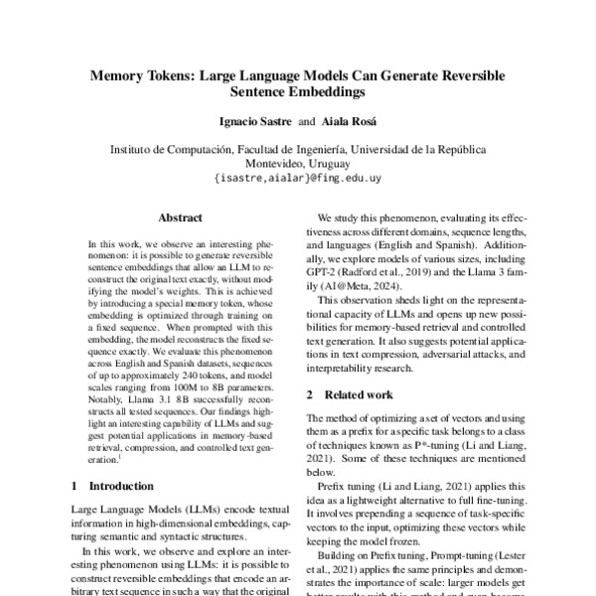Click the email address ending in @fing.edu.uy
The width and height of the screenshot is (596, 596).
tap(297, 180)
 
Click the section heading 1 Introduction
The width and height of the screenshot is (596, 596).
tap(112, 488)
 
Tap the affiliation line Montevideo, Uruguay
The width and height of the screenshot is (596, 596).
tap(297, 164)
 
